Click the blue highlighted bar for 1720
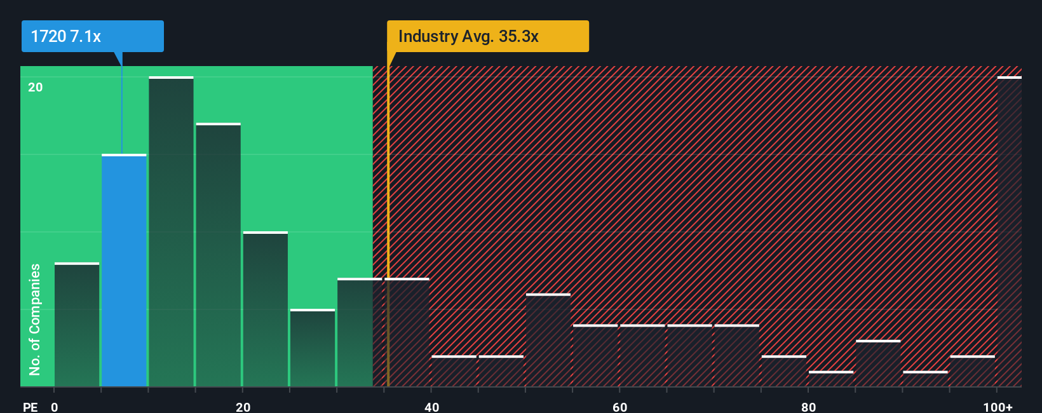[124, 270]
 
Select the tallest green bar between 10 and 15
[171, 232]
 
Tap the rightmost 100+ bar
[1009, 232]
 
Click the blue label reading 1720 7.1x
[92, 36]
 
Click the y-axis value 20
[36, 87]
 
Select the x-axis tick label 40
[431, 407]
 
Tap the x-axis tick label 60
[619, 407]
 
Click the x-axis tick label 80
[808, 407]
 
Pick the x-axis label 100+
[998, 407]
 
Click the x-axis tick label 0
[55, 407]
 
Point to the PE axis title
[30, 407]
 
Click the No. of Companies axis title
[35, 319]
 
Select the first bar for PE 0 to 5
[77, 324]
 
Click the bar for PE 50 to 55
[548, 340]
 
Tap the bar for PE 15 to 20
[218, 254]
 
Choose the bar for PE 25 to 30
[313, 348]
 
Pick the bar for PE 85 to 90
[878, 363]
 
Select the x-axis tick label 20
[243, 407]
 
